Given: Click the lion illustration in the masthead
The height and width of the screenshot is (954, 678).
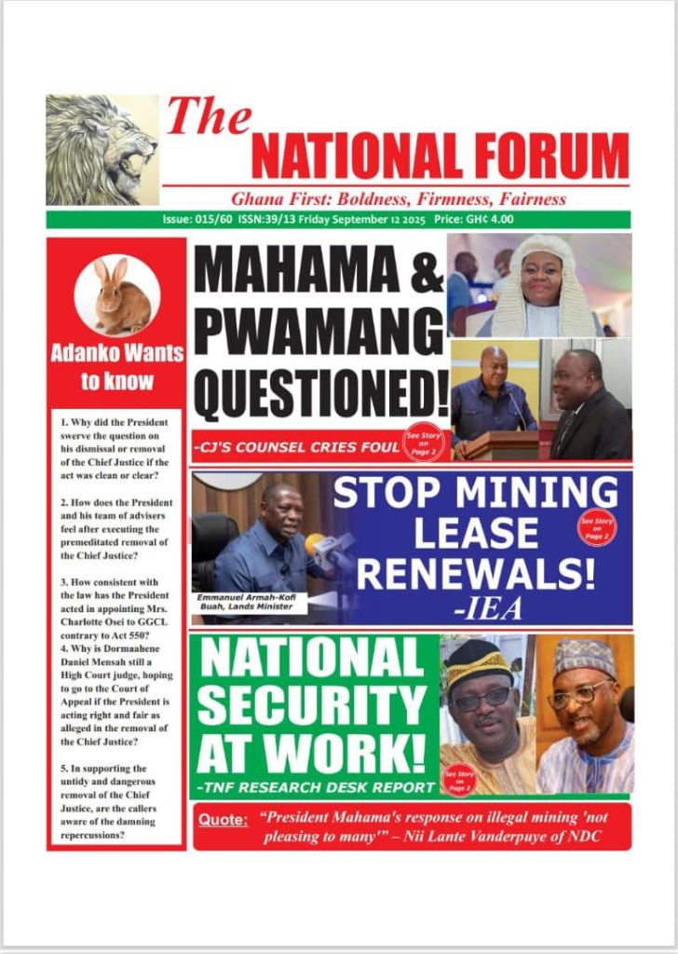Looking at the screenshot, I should [102, 149].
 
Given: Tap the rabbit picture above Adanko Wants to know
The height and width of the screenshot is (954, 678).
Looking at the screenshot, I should [116, 295].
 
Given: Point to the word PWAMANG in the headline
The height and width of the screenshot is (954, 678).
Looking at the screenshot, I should [318, 333].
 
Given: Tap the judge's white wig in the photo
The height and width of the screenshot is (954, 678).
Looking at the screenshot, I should [541, 290].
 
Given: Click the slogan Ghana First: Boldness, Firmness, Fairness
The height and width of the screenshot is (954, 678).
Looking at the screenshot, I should [399, 198].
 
